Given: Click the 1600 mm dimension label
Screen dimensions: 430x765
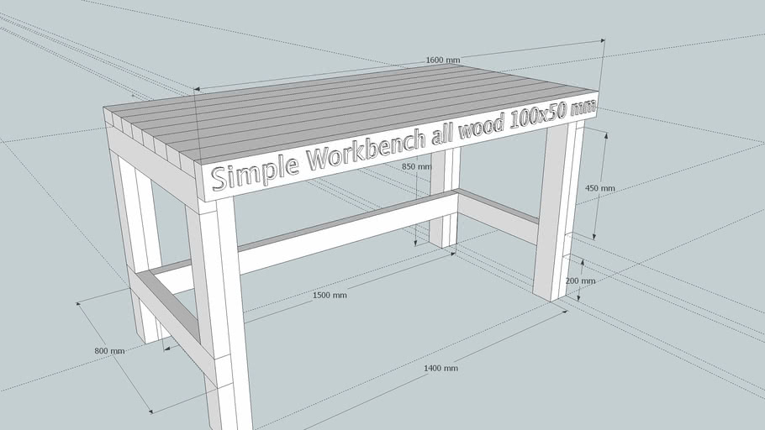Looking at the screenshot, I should pyautogui.click(x=443, y=60).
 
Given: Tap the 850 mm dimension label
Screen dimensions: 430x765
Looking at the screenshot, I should pyautogui.click(x=415, y=166).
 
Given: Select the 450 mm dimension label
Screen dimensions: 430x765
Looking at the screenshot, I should pyautogui.click(x=599, y=188).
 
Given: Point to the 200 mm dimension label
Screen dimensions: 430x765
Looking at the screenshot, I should pyautogui.click(x=580, y=281).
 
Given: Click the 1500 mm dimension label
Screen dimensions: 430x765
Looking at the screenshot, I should pyautogui.click(x=329, y=295).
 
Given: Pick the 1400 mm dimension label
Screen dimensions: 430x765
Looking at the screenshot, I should pyautogui.click(x=441, y=368).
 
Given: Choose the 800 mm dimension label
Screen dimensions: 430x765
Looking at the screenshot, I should pyautogui.click(x=109, y=350).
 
